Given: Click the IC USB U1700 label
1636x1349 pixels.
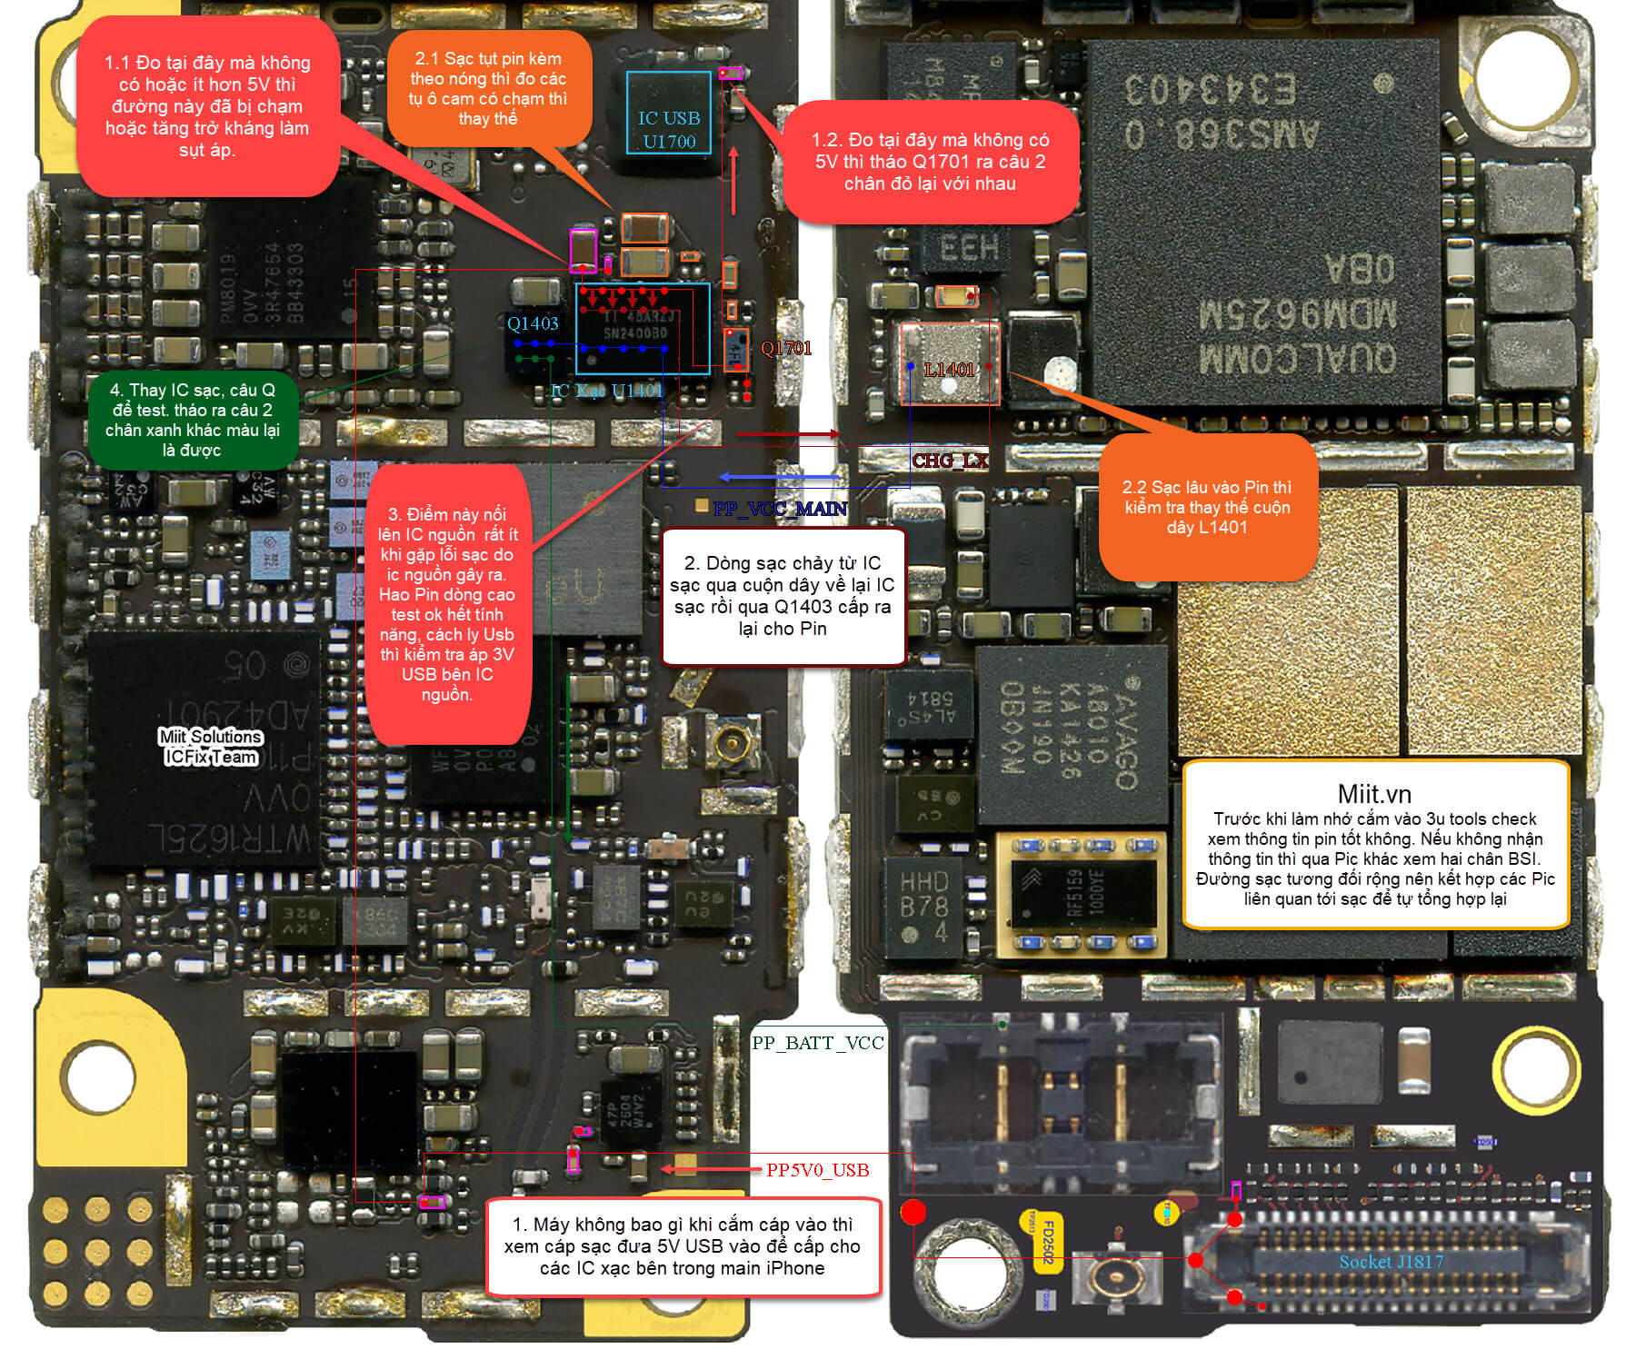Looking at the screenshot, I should pos(669,130).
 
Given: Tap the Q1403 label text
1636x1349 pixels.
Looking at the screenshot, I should pos(533,323).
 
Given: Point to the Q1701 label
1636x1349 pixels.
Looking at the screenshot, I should pos(786,348).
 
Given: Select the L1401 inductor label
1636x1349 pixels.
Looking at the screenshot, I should pos(949,370).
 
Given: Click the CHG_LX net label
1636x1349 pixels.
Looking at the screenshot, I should pos(950,461).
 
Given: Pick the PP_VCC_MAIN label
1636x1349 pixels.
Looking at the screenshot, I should pos(780,509).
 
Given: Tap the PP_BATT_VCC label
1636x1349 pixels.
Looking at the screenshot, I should pos(818,1043).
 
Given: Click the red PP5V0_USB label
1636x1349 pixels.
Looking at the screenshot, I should pos(817,1170).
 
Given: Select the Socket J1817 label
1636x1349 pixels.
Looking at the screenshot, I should pos(1391,1262).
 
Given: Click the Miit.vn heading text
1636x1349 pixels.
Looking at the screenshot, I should pos(1374,794).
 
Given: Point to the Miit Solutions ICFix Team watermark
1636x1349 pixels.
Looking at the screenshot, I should pos(210,747).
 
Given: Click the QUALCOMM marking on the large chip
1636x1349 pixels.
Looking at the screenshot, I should pos(1297,358).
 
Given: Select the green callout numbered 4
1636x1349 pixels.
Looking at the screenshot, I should pos(193,420).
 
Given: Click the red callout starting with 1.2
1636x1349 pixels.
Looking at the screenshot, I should pos(930,162).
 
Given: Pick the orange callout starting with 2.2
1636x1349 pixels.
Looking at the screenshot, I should pos(1207,507).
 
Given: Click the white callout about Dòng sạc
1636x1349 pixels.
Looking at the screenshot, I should pos(783,596).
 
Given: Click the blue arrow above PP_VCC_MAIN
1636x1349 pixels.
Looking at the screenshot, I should pos(778,477).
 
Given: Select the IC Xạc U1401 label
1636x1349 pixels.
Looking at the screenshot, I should pos(606,392).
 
